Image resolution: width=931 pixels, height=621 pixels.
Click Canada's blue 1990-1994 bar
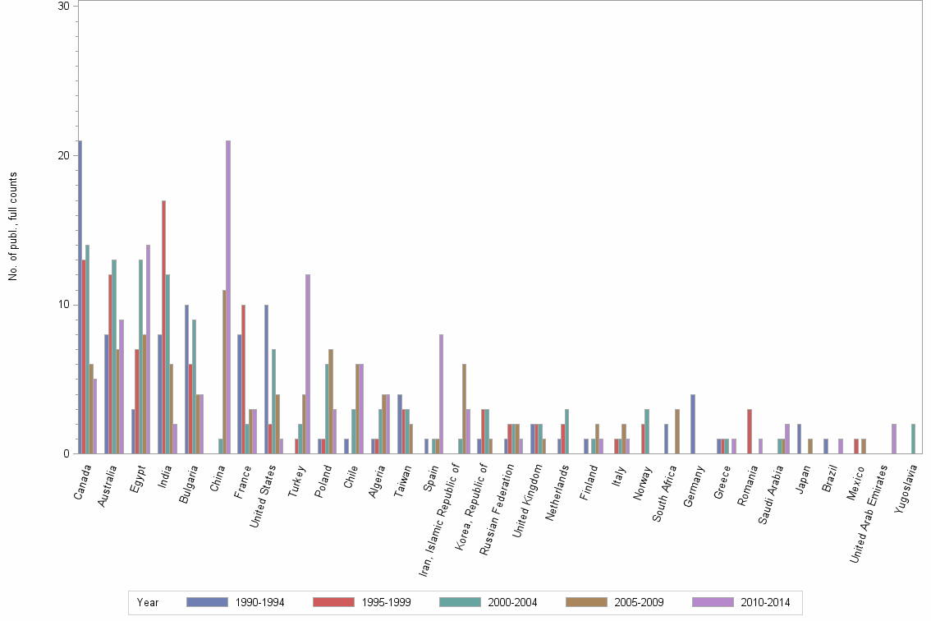[80, 297]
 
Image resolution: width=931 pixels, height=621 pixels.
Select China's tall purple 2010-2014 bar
[228, 297]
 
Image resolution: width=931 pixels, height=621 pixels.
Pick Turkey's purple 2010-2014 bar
[308, 364]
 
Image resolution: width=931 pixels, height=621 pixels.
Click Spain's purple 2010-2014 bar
[441, 393]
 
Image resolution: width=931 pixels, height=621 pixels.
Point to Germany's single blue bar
[693, 424]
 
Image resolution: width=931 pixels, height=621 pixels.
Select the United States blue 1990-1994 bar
[267, 379]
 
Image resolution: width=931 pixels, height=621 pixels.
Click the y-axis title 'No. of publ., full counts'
[13, 226]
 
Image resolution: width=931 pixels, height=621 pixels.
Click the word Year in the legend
[149, 603]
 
